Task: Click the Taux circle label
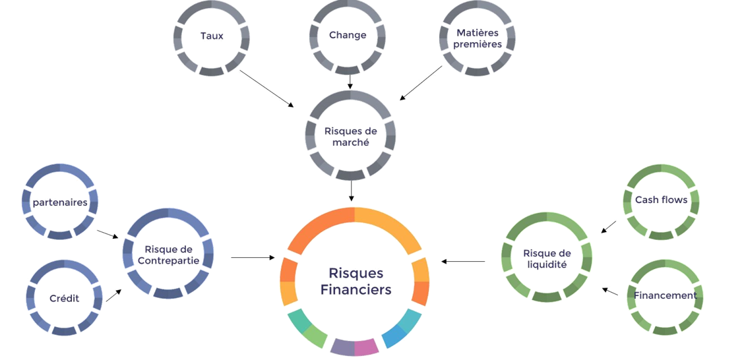212,36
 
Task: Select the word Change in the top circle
348,36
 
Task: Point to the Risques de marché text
350,136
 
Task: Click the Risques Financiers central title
355,281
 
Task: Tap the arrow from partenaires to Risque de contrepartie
108,235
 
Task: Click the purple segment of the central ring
342,347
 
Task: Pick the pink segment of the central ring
366,347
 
